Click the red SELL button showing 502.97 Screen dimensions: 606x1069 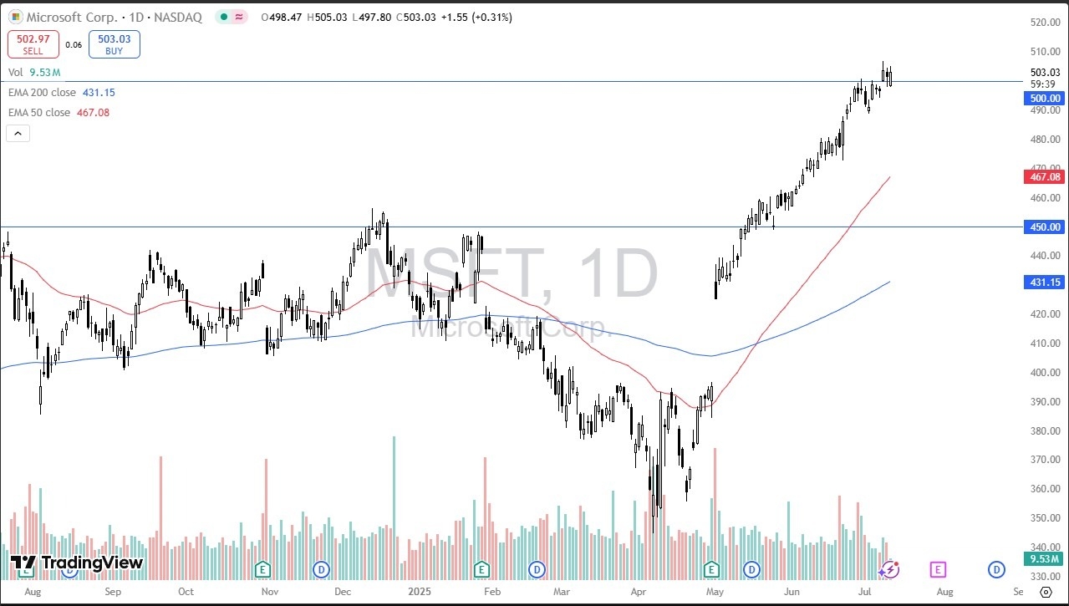33,44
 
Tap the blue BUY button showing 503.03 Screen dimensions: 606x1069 114,44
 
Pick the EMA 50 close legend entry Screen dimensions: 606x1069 59,113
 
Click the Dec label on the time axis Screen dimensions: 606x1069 343,591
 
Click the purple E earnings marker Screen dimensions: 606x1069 937,569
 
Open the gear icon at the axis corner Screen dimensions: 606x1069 1046,591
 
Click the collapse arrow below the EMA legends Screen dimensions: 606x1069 18,133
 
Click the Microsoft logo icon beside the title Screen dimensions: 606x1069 16,17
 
